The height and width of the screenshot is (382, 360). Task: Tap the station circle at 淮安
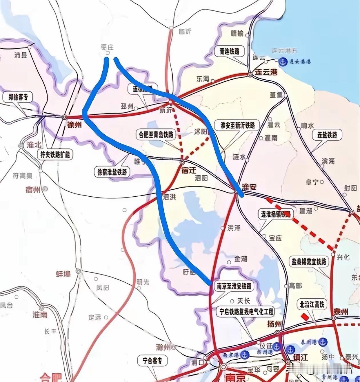(236, 191)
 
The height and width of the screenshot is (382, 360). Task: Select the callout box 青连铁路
(230, 51)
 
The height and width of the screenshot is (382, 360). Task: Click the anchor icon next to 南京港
(245, 354)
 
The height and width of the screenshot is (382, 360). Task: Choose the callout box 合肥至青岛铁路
(156, 135)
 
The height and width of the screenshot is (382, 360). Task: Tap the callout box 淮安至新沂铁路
(238, 125)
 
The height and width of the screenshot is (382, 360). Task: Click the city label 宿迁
(189, 170)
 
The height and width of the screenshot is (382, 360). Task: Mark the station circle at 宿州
(45, 189)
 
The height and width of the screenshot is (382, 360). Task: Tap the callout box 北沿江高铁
(312, 304)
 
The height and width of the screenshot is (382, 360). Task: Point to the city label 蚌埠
(63, 274)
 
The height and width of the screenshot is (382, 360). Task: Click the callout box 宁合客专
(152, 361)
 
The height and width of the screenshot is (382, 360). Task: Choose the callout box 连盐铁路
(327, 135)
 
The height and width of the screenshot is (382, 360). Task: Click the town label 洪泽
(234, 228)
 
